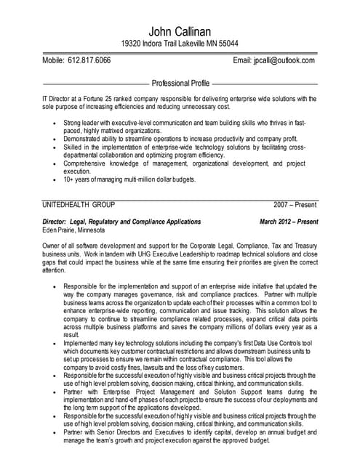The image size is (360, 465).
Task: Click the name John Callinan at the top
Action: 180,30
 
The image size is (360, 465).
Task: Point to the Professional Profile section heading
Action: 180,84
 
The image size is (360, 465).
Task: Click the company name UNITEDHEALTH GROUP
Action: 79,206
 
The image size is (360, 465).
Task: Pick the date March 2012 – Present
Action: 289,221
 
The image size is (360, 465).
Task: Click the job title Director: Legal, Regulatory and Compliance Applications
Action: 122,221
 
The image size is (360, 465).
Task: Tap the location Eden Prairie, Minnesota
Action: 73,230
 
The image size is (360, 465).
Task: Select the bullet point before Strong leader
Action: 55,124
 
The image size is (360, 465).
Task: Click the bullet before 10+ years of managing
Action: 55,179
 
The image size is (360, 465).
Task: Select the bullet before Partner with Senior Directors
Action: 55,432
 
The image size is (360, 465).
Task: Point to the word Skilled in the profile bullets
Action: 74,146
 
